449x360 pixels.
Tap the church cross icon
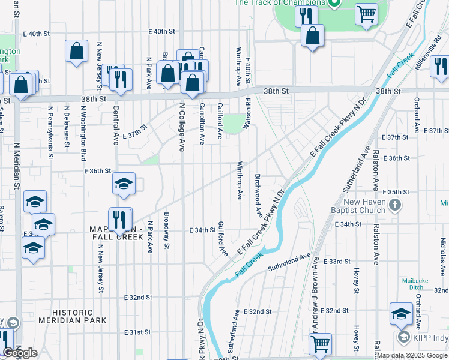pos(395,206)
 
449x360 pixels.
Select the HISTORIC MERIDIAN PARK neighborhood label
pos(73,316)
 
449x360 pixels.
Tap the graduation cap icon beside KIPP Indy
pos(401,314)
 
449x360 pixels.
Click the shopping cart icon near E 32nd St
pos(321,344)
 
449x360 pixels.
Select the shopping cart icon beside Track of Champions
pos(366,13)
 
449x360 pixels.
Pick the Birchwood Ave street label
pos(259,196)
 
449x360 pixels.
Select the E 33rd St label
pos(336,262)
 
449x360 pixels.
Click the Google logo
pos(20,353)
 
